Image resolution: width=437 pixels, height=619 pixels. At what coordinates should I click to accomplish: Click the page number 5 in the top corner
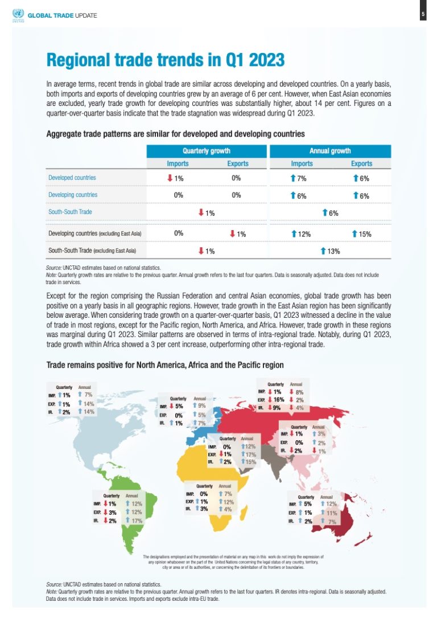coord(423,14)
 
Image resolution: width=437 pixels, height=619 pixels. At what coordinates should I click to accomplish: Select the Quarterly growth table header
coord(206,151)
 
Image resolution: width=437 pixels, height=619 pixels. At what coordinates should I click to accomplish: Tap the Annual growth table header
coord(330,151)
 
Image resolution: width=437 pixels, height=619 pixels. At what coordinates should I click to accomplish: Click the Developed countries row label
coord(72,178)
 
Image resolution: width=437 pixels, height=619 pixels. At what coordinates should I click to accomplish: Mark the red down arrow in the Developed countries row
coord(170,178)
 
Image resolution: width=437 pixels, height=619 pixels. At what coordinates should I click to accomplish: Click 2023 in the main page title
coord(259,60)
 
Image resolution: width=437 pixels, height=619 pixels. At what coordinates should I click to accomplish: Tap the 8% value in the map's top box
coord(300,392)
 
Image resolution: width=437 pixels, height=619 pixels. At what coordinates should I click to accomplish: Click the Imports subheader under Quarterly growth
coord(178,163)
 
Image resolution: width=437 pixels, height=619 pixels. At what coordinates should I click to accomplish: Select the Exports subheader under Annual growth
coord(361,163)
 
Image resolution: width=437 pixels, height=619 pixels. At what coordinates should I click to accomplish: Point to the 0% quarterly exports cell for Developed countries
coord(237,178)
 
